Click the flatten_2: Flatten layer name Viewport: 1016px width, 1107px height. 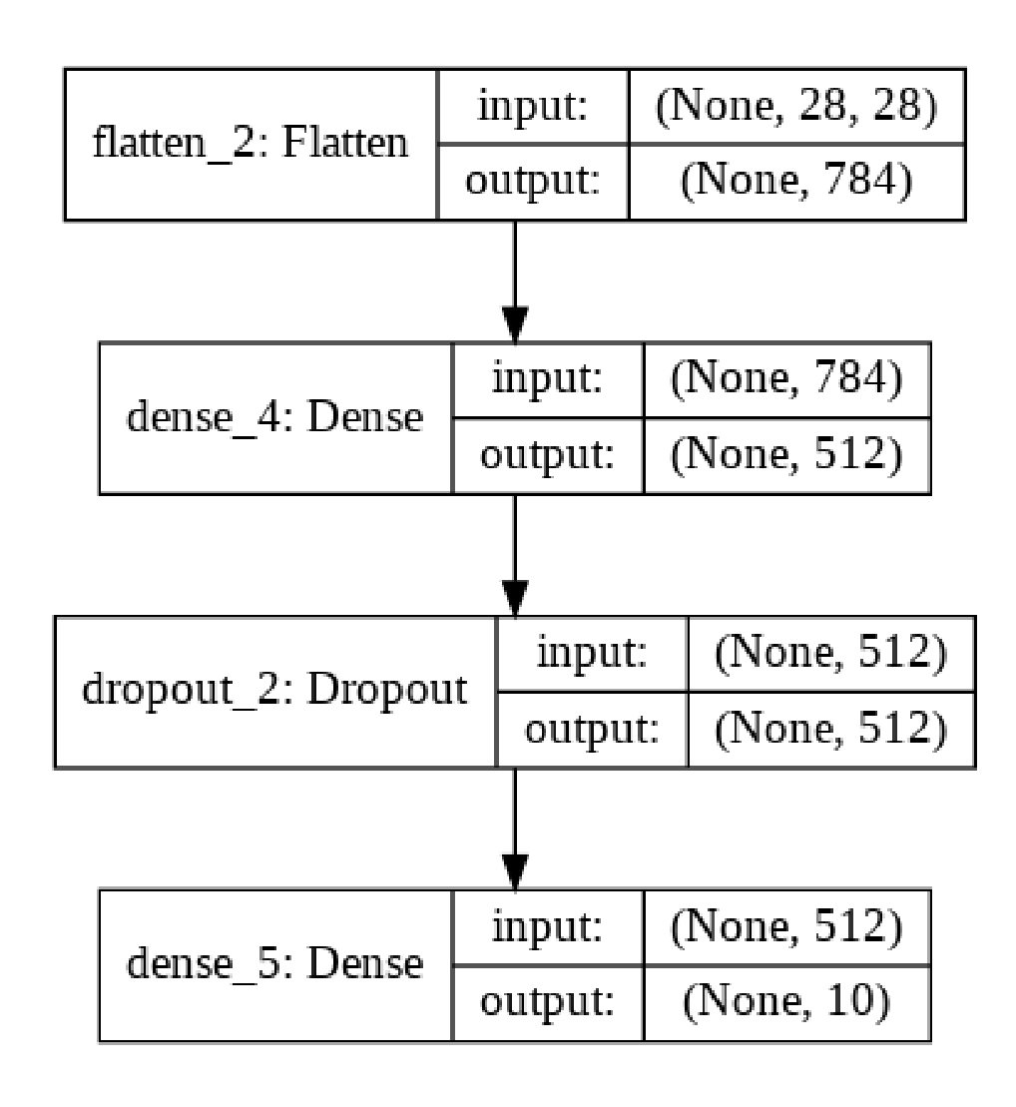tap(251, 144)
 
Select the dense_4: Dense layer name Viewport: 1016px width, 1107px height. tap(275, 417)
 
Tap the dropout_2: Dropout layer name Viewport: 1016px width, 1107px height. tap(273, 691)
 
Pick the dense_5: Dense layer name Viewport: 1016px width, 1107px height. tap(275, 964)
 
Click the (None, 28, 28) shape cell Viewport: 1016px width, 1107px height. tap(795, 107)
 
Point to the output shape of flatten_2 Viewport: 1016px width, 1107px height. tap(795, 182)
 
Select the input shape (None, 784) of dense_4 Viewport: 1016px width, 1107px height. tap(786, 380)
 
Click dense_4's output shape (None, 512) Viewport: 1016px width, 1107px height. tap(786, 455)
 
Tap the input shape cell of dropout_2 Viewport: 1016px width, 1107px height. tap(829, 654)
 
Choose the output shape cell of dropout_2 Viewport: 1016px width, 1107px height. tap(829, 729)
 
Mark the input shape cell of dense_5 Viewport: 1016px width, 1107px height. tap(786, 927)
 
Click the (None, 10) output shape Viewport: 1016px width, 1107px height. tap(786, 1002)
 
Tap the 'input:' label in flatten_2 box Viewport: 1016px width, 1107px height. tap(532, 107)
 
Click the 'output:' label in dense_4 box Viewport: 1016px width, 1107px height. tap(547, 455)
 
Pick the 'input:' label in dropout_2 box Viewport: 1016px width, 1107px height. tap(591, 654)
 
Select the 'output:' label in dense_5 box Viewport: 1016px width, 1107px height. tap(547, 1002)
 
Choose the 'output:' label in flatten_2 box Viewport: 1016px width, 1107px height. tap(532, 182)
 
